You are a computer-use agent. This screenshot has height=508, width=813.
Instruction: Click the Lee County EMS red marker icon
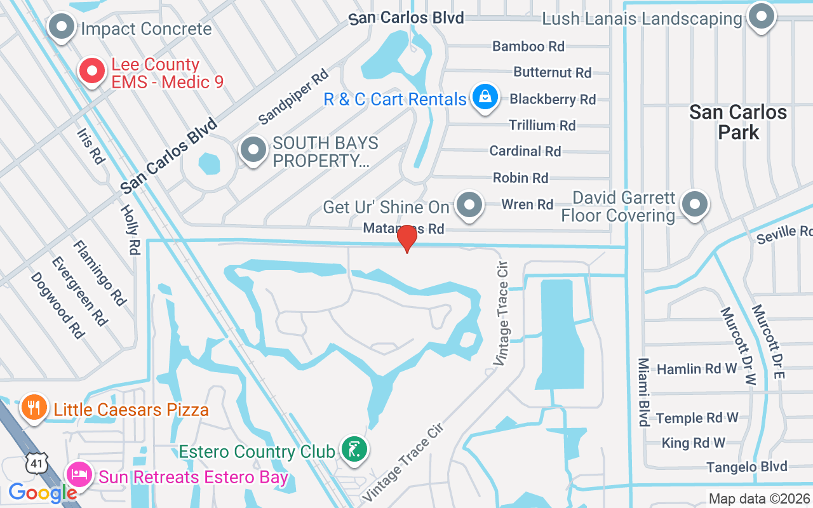coord(92,72)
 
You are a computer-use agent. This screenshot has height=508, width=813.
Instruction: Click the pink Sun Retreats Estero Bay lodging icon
coord(79,474)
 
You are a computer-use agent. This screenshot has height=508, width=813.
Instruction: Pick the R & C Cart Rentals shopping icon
coord(485,97)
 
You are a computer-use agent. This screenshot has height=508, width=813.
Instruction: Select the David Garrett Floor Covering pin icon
coord(694,204)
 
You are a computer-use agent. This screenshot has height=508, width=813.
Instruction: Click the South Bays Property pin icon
coord(254,150)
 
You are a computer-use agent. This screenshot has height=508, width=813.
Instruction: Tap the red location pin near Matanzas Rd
coord(406,238)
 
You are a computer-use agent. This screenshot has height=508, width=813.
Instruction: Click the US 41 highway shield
coord(37,464)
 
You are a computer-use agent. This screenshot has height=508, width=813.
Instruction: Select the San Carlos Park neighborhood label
coord(738,122)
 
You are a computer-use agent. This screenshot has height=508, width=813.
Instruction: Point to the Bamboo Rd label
coord(528,46)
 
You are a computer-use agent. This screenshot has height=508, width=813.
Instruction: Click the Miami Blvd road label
coord(644,392)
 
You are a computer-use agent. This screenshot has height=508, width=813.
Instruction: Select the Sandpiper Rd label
coord(293,97)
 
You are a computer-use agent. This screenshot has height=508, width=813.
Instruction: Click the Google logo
coord(43,492)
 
